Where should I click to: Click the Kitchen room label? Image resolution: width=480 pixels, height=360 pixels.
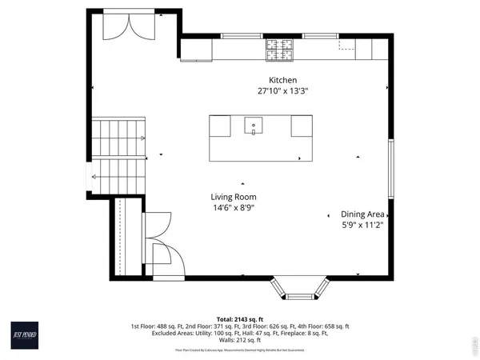click(x=282, y=80)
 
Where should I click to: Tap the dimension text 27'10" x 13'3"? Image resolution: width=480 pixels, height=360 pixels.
click(x=282, y=91)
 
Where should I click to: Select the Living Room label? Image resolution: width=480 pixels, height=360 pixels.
click(x=233, y=197)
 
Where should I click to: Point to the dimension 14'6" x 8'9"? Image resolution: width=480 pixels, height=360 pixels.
click(x=233, y=208)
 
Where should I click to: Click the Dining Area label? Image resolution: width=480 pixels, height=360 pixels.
click(x=363, y=214)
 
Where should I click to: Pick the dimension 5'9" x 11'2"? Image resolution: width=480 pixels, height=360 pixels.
click(x=363, y=226)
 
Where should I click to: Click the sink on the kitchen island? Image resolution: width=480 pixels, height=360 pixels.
click(x=254, y=124)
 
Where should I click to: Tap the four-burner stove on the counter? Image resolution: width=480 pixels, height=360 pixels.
click(x=280, y=50)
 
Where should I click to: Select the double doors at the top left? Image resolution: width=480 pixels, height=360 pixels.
click(x=130, y=26)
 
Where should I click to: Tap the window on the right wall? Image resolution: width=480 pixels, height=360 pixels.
click(x=390, y=169)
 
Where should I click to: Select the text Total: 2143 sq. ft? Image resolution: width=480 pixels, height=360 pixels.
click(x=239, y=318)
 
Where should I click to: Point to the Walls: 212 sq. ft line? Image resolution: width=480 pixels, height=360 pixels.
click(x=239, y=340)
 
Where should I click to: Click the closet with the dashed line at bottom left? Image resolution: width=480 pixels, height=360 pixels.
click(x=123, y=236)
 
